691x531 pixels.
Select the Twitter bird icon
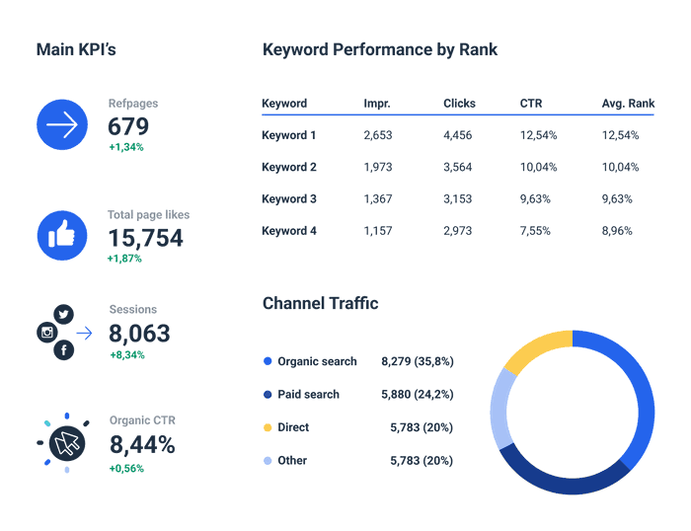pos(64,314)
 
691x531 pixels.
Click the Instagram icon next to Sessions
pos(46,333)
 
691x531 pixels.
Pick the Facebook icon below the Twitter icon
pos(64,350)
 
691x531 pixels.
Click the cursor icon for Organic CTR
pos(67,443)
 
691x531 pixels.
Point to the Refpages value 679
pos(128,126)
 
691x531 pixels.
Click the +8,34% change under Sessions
pos(126,354)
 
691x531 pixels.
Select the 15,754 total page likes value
pos(145,238)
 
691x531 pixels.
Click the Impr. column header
pos(376,104)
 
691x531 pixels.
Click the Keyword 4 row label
pos(289,231)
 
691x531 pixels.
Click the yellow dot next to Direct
pos(268,428)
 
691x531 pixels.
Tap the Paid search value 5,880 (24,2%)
pos(417,395)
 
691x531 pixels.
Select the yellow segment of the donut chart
pos(537,349)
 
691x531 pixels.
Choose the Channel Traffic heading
pos(320,304)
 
